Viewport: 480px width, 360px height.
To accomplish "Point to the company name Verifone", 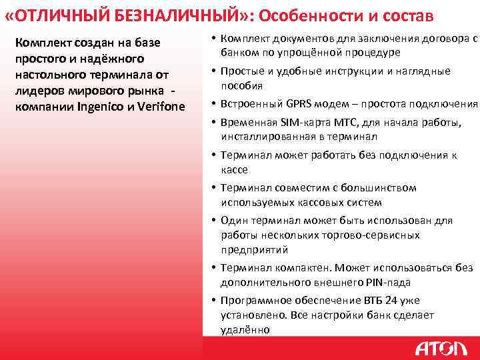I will click(160, 106).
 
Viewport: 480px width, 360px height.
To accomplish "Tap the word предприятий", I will click(255, 250).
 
